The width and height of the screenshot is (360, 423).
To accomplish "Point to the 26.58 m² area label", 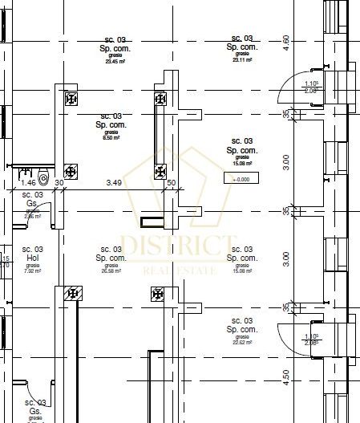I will click(111, 271).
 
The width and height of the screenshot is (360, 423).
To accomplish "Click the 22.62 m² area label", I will click(241, 343).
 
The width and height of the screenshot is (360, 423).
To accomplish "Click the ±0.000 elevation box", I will click(241, 179).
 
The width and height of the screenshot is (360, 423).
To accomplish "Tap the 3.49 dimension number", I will click(115, 183).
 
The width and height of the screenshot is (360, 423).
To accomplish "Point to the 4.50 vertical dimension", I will click(285, 376).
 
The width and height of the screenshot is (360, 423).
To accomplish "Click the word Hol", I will click(32, 258).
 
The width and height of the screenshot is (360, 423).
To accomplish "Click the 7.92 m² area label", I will click(32, 270).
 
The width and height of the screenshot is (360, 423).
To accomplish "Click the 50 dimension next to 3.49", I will click(171, 183).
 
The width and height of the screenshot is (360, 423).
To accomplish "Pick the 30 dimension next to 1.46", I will click(59, 183).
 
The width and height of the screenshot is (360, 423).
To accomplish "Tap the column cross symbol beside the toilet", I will click(71, 171).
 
